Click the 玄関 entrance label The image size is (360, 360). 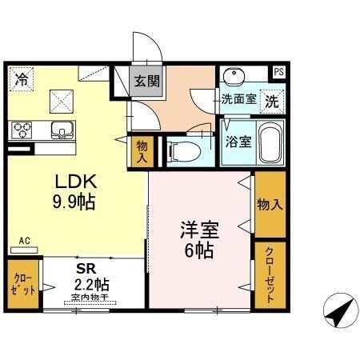click(146, 80)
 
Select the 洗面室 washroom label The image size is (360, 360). click(238, 102)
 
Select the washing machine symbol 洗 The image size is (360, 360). click(272, 102)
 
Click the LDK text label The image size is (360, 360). click(72, 181)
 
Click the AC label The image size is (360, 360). click(24, 240)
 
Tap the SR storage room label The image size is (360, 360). click(86, 270)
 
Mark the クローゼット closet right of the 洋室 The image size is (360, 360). click(270, 274)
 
